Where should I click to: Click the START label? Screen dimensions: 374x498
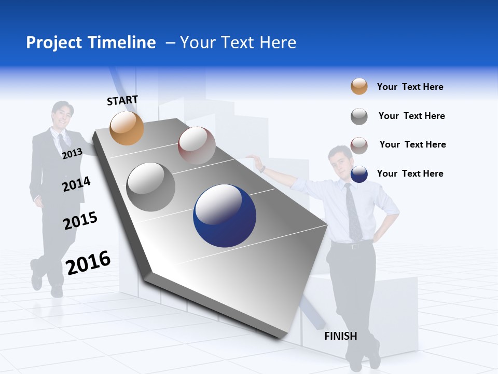(x=122, y=100)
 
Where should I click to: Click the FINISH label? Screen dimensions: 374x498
(x=341, y=336)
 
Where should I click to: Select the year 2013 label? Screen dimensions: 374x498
(x=72, y=154)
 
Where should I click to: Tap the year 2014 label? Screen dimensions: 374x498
(x=76, y=184)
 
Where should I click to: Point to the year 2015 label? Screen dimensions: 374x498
(x=80, y=221)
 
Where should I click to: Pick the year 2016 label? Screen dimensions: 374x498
(x=88, y=262)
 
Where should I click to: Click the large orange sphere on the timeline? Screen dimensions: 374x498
(x=127, y=128)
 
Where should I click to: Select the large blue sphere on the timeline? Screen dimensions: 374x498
(x=225, y=216)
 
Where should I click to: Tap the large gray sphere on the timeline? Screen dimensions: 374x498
(x=151, y=187)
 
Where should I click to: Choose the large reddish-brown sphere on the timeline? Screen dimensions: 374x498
(x=197, y=145)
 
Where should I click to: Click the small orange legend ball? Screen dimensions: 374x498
(x=359, y=87)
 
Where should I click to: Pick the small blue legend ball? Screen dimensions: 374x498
(x=359, y=174)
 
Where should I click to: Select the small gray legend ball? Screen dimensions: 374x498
(x=359, y=116)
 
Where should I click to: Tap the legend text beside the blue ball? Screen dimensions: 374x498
(x=410, y=173)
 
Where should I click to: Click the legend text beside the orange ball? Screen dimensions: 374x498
(x=410, y=87)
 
